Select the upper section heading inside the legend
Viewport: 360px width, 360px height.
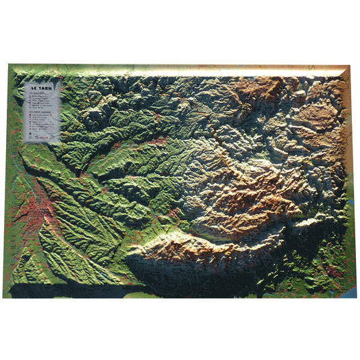point(32,93)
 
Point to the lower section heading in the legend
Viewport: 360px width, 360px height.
point(34,113)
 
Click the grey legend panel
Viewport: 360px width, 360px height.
point(42,111)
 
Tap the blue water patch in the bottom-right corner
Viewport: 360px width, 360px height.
point(349,292)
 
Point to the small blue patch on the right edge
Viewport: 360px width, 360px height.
point(352,202)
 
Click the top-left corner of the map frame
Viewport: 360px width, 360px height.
point(9,65)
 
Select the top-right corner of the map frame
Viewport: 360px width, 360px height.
point(350,66)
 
